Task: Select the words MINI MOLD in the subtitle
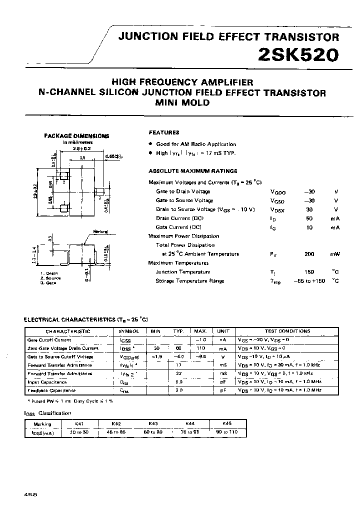[x=182, y=102]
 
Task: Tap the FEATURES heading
[x=164, y=132]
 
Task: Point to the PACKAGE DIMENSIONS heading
[x=77, y=135]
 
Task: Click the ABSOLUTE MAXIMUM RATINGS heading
[x=186, y=171]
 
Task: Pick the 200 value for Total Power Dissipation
[x=309, y=254]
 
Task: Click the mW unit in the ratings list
[x=334, y=254]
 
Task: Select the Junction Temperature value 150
[x=309, y=272]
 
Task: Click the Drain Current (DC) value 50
[x=309, y=218]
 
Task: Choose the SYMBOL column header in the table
[x=129, y=331]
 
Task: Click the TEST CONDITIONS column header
[x=287, y=331]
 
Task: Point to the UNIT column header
[x=223, y=331]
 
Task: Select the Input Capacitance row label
[x=51, y=381]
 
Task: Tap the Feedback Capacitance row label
[x=52, y=390]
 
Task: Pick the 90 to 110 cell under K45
[x=226, y=431]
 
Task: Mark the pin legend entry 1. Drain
[x=49, y=273]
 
